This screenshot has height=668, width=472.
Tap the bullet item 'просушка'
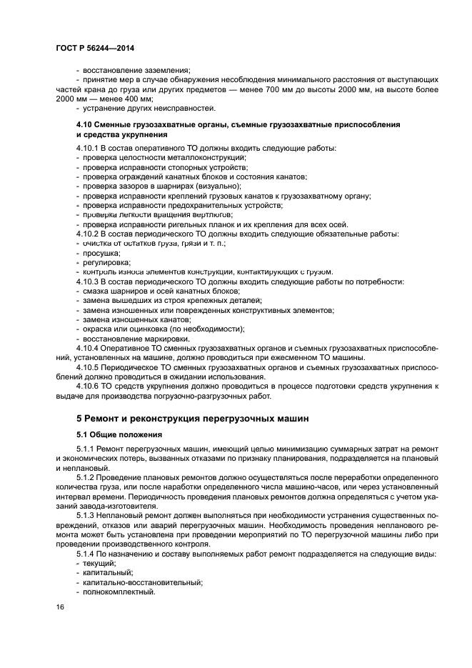tap(101, 253)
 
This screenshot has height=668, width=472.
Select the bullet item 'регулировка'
tap(104, 262)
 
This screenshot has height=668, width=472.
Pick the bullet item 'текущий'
tap(99, 564)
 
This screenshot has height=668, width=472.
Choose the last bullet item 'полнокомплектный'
tap(119, 592)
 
